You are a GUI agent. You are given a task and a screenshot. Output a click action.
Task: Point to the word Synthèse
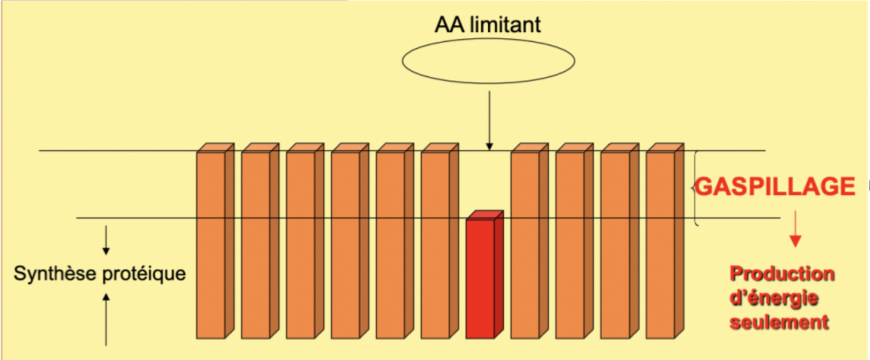click(x=55, y=273)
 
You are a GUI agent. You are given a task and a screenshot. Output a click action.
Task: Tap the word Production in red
click(x=783, y=274)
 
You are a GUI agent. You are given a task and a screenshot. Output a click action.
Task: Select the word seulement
click(x=780, y=322)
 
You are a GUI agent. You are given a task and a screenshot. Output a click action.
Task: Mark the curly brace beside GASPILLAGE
click(x=697, y=188)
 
